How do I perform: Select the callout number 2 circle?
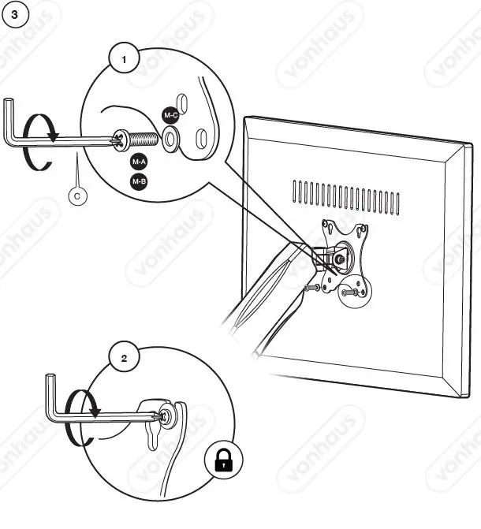123,357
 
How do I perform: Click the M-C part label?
171,115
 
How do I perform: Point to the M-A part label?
139,162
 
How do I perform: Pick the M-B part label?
139,182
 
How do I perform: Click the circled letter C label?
77,196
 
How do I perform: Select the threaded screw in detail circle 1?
145,140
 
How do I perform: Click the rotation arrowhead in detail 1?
53,136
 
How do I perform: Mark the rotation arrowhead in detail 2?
94,412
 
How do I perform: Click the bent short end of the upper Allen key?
9,118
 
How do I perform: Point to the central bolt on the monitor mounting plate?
340,256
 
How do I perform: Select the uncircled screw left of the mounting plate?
311,288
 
